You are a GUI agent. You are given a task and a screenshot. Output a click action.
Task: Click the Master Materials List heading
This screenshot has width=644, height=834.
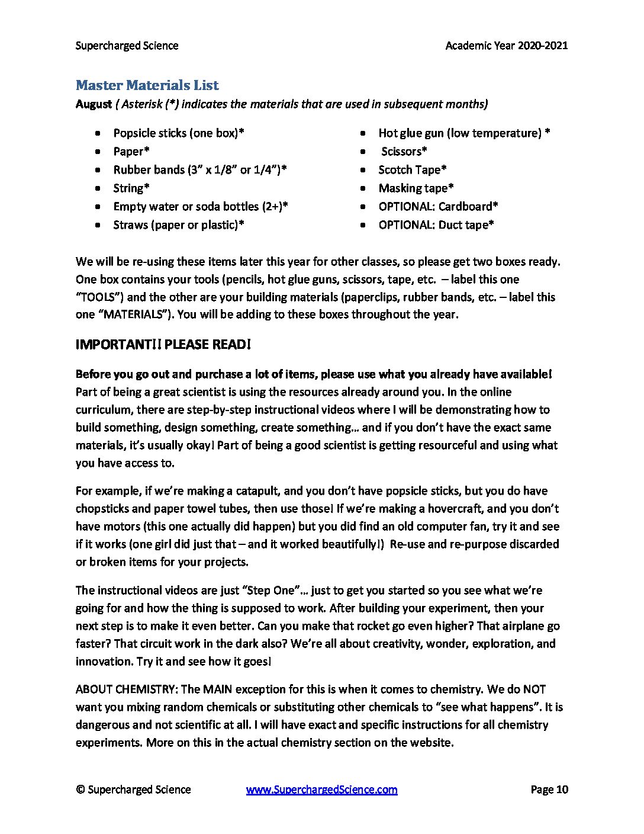[x=147, y=85]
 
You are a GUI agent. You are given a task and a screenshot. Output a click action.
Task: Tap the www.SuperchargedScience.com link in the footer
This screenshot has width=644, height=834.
[x=321, y=790]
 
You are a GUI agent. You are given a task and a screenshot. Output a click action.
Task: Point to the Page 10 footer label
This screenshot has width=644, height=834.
[x=549, y=790]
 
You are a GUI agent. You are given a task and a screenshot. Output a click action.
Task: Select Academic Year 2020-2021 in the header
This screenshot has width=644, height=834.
[x=506, y=46]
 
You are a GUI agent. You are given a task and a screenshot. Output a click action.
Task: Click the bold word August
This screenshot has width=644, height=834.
[x=94, y=104]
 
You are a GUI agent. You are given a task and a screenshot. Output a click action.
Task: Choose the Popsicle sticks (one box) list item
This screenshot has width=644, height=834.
[x=179, y=133]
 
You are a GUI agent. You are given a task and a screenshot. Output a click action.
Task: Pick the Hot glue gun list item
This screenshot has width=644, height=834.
[x=464, y=133]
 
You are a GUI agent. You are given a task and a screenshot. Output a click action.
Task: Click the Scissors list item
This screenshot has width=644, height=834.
[x=404, y=152]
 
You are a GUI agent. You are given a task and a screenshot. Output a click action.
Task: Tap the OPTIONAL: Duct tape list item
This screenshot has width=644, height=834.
[x=436, y=225]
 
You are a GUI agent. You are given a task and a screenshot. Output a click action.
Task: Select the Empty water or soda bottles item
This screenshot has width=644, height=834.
[x=201, y=207]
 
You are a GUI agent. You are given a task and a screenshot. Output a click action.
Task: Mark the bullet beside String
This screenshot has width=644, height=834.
[x=98, y=188]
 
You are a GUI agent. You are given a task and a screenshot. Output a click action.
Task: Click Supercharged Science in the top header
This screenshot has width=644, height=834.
[x=127, y=46]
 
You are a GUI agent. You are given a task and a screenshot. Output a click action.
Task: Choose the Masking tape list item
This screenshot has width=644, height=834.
[x=416, y=188]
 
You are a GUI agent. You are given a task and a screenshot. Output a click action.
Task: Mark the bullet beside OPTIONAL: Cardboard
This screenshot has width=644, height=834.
[x=363, y=207]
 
